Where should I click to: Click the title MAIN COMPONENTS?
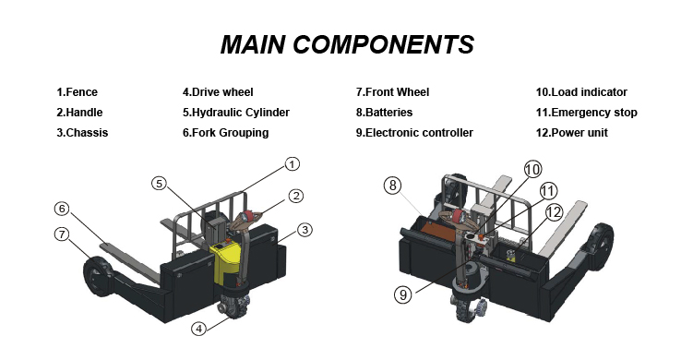point(347,44)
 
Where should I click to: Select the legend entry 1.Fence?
point(77,92)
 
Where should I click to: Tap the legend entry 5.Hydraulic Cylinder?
point(236,113)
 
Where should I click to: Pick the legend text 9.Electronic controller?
point(414,133)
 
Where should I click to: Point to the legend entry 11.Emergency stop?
point(587,113)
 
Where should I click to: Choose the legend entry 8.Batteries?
point(384,113)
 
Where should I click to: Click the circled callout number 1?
point(292,164)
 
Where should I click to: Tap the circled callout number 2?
point(296,196)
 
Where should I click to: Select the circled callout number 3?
point(305,230)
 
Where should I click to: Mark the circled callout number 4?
point(199,329)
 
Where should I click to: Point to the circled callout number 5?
point(160,183)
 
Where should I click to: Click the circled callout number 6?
point(63,209)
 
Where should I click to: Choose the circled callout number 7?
point(63,234)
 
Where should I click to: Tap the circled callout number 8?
point(392,186)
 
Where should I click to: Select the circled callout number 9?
point(403,294)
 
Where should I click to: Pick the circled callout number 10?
point(533,170)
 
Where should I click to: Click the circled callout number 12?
point(554,212)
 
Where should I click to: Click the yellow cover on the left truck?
point(225,262)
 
